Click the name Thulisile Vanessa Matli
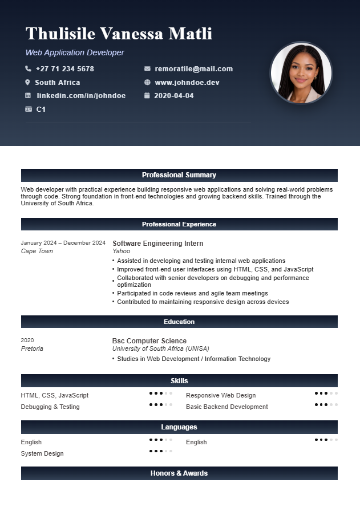tap(119, 34)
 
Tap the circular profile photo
tap(301, 73)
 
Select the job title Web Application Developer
tap(75, 52)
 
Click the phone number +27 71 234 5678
tap(64, 69)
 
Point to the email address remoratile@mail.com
tap(193, 69)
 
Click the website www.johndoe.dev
tap(187, 83)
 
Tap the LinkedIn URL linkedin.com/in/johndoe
tap(81, 96)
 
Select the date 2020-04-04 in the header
tap(173, 96)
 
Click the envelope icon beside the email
tap(147, 69)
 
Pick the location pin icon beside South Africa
tap(27, 83)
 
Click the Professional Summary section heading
tap(179, 175)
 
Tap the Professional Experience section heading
tap(179, 224)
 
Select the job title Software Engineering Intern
tap(157, 244)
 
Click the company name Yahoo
tap(121, 251)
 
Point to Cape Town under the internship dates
tap(37, 251)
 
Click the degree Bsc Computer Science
tap(149, 341)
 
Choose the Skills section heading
tap(179, 381)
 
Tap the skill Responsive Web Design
tap(221, 395)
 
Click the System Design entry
tap(42, 453)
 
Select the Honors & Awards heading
tap(179, 473)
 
